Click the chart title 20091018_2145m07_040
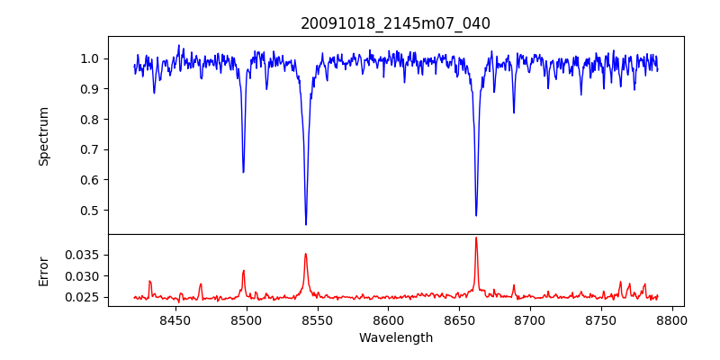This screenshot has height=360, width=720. tap(395, 23)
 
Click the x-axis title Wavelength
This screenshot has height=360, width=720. tap(395, 338)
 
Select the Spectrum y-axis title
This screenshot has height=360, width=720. tap(43, 136)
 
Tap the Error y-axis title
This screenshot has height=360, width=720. tap(43, 271)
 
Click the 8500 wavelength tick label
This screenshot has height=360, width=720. tap(246, 319)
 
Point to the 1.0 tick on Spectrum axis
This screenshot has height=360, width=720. tap(91, 58)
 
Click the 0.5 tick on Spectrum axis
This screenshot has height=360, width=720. tap(91, 211)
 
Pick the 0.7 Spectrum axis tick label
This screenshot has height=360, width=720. tap(91, 150)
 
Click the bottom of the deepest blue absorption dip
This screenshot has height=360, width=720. tap(306, 224)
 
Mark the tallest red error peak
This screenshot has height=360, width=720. tap(476, 238)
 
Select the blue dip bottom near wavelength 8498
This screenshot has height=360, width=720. tap(243, 172)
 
